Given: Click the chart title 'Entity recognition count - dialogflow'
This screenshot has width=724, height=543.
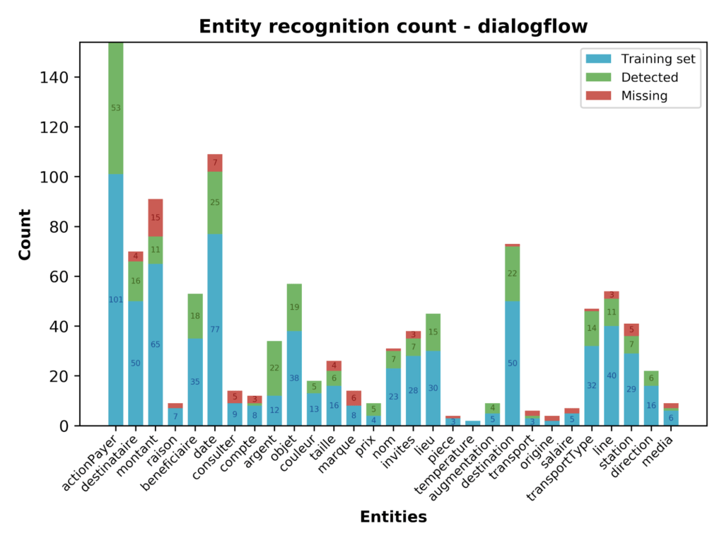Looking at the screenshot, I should pyautogui.click(x=393, y=27).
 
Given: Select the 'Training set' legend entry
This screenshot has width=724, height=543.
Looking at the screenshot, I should pyautogui.click(x=658, y=59).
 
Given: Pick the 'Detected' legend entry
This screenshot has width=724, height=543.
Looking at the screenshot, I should pyautogui.click(x=649, y=77).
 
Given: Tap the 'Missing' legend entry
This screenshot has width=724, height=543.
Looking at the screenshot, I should pyautogui.click(x=643, y=95).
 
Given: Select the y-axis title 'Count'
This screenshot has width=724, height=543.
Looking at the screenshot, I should pyautogui.click(x=25, y=234).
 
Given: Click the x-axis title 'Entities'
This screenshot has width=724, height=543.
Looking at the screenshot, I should pyautogui.click(x=393, y=517).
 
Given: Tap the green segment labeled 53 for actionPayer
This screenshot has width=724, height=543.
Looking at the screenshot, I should pyautogui.click(x=116, y=108).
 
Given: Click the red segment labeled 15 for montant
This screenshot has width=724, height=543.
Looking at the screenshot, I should pyautogui.click(x=156, y=218).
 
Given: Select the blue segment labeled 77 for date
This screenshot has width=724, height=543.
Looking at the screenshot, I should pyautogui.click(x=215, y=329).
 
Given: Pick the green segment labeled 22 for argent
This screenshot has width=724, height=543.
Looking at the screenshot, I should pyautogui.click(x=275, y=368).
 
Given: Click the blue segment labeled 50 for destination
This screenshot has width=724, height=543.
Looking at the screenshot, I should pyautogui.click(x=513, y=363).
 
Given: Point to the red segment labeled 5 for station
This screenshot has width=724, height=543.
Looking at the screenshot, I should pyautogui.click(x=613, y=329).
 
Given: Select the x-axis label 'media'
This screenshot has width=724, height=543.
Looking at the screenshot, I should pyautogui.click(x=661, y=445).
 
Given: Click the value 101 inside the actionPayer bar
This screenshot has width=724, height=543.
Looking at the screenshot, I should pyautogui.click(x=116, y=300).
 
